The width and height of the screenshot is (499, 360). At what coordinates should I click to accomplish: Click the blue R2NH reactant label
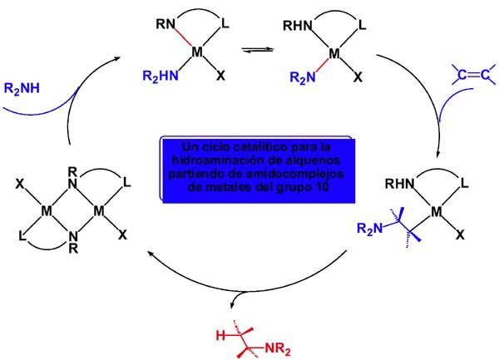coord(22,89)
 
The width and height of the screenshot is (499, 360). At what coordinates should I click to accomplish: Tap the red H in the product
coord(220,336)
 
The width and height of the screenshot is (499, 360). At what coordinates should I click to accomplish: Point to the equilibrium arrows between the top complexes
coord(258,50)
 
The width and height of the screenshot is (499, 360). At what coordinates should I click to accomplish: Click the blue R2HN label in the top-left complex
coord(161,76)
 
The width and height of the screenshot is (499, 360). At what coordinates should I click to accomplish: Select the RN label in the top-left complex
coord(166,24)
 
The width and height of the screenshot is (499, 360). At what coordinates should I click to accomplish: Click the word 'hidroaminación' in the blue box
coord(216,160)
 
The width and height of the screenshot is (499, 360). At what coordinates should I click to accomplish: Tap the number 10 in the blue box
coord(323,187)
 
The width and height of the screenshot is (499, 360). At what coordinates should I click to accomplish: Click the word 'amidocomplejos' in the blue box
coord(299,174)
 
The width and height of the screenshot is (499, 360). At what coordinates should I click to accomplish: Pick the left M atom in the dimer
coord(47,210)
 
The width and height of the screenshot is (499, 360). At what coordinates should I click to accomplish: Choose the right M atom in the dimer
coord(99,210)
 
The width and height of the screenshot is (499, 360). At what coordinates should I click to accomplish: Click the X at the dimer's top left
coord(20,184)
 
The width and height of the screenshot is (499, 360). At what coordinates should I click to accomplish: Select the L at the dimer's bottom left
coord(22,236)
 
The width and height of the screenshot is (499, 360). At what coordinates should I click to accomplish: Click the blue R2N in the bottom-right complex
coord(369,229)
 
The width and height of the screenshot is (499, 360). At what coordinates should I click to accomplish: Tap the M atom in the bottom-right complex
coord(437,211)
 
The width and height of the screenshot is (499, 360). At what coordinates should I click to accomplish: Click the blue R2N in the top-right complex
coord(303,77)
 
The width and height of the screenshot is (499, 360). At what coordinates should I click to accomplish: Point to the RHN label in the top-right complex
coord(298,26)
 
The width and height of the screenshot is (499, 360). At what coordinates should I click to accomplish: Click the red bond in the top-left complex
coord(183,38)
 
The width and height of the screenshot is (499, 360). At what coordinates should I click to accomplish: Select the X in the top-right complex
coord(358,76)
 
